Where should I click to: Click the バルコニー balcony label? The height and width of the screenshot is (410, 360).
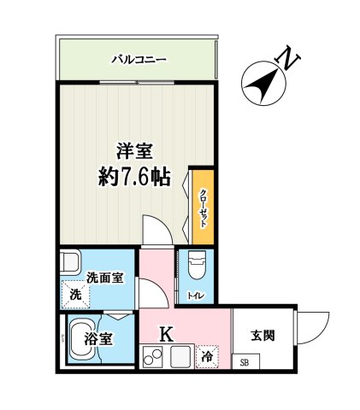point(138,60)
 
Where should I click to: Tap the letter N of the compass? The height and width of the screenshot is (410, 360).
point(290,59)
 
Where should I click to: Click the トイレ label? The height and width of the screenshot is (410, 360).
point(195,296)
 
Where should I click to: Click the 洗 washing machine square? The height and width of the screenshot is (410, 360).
point(75,295)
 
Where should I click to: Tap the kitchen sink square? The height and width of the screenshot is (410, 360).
point(180,358)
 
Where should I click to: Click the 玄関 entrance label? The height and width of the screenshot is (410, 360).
point(263,336)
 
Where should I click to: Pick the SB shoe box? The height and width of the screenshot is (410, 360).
point(244,362)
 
